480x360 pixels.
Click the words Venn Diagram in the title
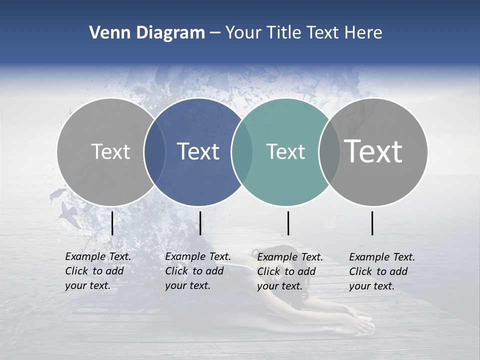click(147, 33)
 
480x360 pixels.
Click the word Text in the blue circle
click(198, 151)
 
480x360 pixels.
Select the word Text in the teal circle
click(285, 151)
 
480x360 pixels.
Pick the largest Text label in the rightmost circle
click(373, 151)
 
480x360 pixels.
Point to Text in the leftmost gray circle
click(110, 151)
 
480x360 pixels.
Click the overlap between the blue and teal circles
click(242, 151)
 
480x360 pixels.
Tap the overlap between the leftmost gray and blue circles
click(154, 151)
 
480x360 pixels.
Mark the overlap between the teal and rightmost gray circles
click(329, 151)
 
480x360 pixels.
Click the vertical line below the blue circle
click(200, 223)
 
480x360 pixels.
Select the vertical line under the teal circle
click(288, 223)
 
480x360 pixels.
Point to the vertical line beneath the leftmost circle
click(112, 223)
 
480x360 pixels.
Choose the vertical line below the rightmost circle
click(372, 223)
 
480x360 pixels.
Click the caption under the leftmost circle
click(97, 271)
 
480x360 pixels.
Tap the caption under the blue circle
click(197, 271)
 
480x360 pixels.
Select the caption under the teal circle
click(289, 271)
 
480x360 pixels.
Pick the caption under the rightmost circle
click(381, 271)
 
